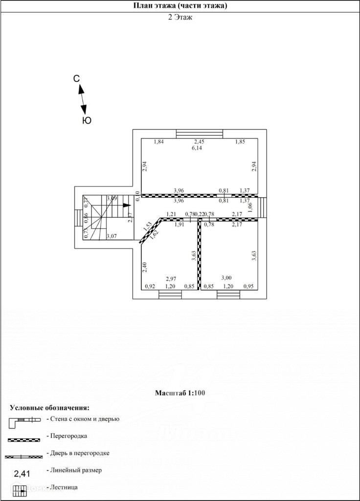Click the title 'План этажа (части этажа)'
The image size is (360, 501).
pyautogui.click(x=180, y=6)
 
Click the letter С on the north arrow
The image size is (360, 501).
pyautogui.click(x=77, y=79)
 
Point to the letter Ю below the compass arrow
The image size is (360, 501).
pyautogui.click(x=87, y=120)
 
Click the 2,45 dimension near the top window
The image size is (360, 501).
pyautogui.click(x=199, y=142)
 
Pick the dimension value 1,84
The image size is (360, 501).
pyautogui.click(x=158, y=142)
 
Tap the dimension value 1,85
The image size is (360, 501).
pyautogui.click(x=240, y=142)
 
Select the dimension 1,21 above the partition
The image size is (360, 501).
pyautogui.click(x=171, y=214)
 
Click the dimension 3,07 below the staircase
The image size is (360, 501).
pyautogui.click(x=112, y=237)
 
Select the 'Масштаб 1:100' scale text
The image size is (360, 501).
pyautogui.click(x=180, y=393)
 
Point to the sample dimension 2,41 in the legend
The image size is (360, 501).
pyautogui.click(x=22, y=473)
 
